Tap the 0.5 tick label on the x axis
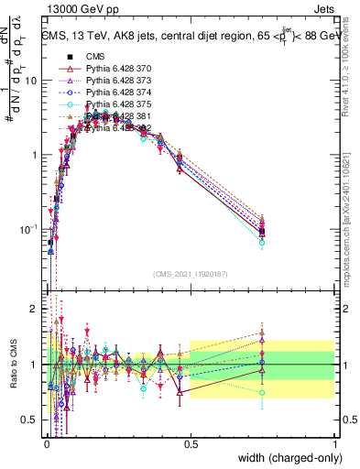pos(191,444)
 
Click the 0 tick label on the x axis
pos(46,444)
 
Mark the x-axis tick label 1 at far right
pos(335,444)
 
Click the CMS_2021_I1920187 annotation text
pos(191,273)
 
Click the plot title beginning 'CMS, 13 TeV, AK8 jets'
pos(188,37)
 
